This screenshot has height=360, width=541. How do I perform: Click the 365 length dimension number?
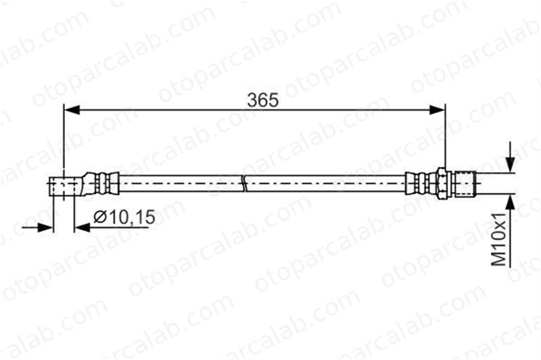click(x=262, y=101)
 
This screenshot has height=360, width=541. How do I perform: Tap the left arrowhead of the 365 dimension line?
click(x=72, y=110)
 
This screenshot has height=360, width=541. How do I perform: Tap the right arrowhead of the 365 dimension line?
click(x=437, y=110)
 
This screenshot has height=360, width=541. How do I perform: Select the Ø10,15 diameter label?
click(x=124, y=217)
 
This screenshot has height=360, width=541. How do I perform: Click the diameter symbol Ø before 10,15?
click(x=100, y=217)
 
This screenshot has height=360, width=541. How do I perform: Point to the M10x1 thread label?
click(x=499, y=239)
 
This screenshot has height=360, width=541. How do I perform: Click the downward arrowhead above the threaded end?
click(x=510, y=164)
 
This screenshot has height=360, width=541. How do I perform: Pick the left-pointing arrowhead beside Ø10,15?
click(x=82, y=228)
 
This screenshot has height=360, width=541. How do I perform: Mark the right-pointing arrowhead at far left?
click(x=45, y=228)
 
